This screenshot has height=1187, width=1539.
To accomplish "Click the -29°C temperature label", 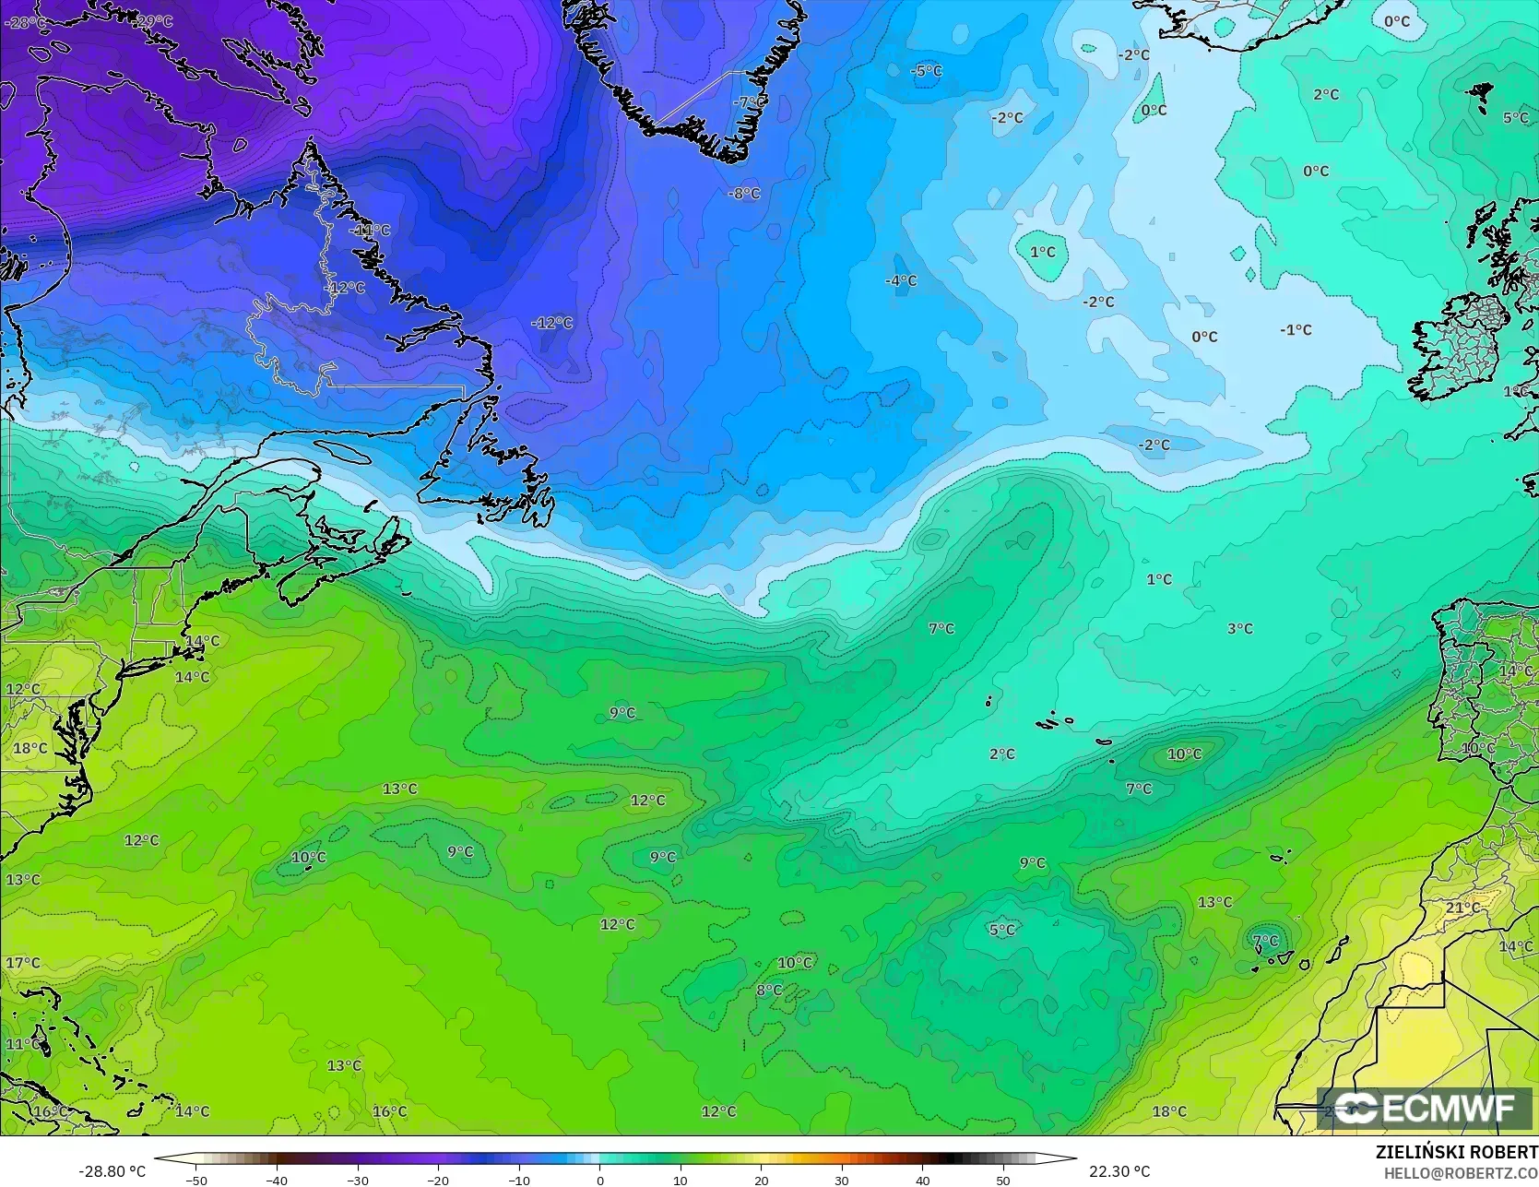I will tap(153, 20).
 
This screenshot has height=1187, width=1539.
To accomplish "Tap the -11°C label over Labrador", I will tap(371, 230).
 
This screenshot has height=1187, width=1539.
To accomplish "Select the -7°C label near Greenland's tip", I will tap(749, 101).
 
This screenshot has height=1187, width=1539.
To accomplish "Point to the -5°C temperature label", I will tap(926, 71).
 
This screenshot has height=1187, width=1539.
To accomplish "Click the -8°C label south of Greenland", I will tap(744, 194).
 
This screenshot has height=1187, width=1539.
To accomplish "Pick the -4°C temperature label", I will tap(901, 280).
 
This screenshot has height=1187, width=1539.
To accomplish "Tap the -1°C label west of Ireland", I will tap(1296, 329).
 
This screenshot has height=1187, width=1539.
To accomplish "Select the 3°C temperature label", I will tap(1239, 628).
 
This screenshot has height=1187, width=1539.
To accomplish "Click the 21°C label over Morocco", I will tap(1462, 908).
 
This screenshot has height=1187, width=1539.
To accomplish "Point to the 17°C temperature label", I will tap(23, 963).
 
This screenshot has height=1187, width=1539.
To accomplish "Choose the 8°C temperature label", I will tap(769, 990).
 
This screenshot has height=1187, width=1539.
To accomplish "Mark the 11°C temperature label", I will tap(23, 1044).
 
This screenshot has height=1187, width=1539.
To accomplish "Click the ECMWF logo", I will tap(1425, 1108).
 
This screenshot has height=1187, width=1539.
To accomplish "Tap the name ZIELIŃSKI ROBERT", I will tap(1456, 1152).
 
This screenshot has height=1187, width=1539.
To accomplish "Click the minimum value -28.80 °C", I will tap(112, 1171).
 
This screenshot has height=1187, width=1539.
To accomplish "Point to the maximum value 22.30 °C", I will tap(1119, 1171).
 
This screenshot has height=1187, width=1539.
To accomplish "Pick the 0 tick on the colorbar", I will tap(599, 1180).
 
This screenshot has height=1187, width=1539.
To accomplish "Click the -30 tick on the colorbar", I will tap(358, 1180).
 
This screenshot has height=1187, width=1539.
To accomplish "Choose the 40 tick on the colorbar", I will tap(922, 1180).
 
